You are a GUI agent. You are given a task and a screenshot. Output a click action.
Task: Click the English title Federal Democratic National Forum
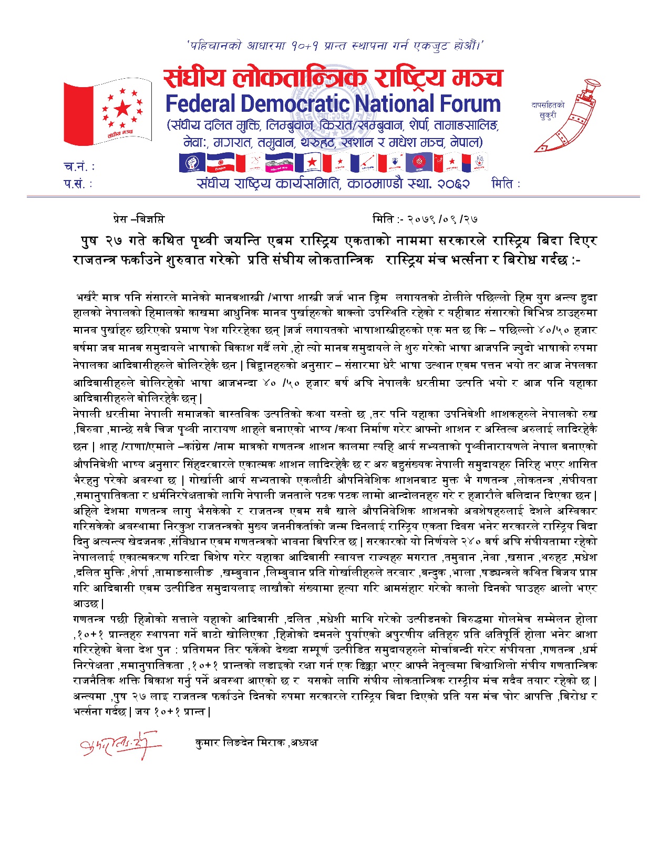point(333,104)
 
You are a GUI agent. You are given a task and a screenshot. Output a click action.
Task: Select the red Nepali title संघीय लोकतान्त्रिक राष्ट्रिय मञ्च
point(333,78)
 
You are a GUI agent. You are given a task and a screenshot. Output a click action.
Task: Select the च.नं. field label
point(79,167)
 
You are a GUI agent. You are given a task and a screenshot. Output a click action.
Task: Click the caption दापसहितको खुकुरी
point(548,110)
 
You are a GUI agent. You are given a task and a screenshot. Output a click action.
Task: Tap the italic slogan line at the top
point(334,46)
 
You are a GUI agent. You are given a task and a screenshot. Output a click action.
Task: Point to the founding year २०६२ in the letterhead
point(452,184)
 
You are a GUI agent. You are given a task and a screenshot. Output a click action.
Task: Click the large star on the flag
point(122,109)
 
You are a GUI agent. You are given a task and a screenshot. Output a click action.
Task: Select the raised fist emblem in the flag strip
point(192,163)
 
